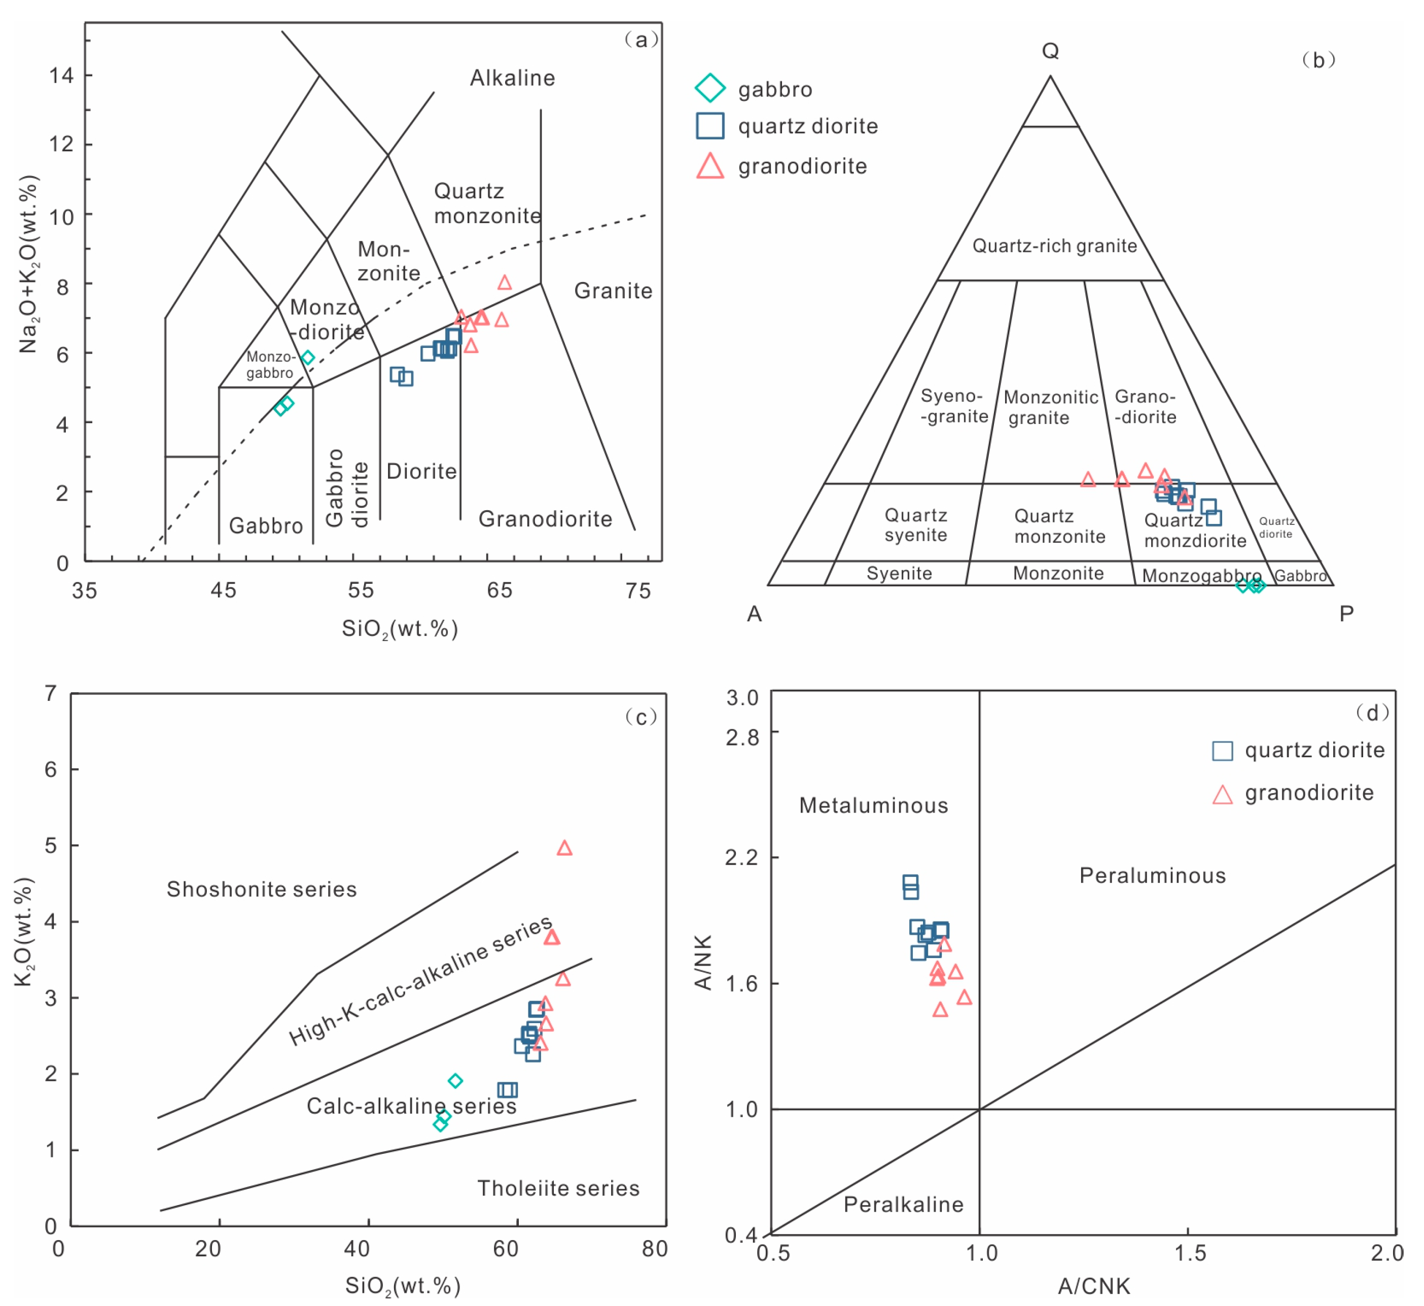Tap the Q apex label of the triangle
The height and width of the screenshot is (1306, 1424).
click(1050, 51)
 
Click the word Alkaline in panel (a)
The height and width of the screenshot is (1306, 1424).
click(512, 78)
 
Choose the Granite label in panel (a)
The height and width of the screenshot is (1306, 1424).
click(613, 291)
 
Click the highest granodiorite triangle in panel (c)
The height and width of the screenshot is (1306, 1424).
click(564, 848)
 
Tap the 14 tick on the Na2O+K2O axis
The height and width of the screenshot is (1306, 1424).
click(61, 75)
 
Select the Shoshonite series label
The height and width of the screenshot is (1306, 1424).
click(262, 889)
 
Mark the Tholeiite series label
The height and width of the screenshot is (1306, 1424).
click(558, 1188)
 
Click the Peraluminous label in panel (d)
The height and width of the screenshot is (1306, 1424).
click(1152, 875)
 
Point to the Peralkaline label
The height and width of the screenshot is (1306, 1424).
click(903, 1204)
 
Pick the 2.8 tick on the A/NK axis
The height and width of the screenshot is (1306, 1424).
click(742, 737)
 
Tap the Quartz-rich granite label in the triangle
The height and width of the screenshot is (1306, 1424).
click(1054, 246)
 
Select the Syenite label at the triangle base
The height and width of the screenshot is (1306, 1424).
click(899, 573)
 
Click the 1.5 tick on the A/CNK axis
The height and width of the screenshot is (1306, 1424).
click(1189, 1253)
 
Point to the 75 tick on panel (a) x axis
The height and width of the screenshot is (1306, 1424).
click(637, 591)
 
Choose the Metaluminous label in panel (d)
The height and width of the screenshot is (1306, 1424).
click(873, 805)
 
